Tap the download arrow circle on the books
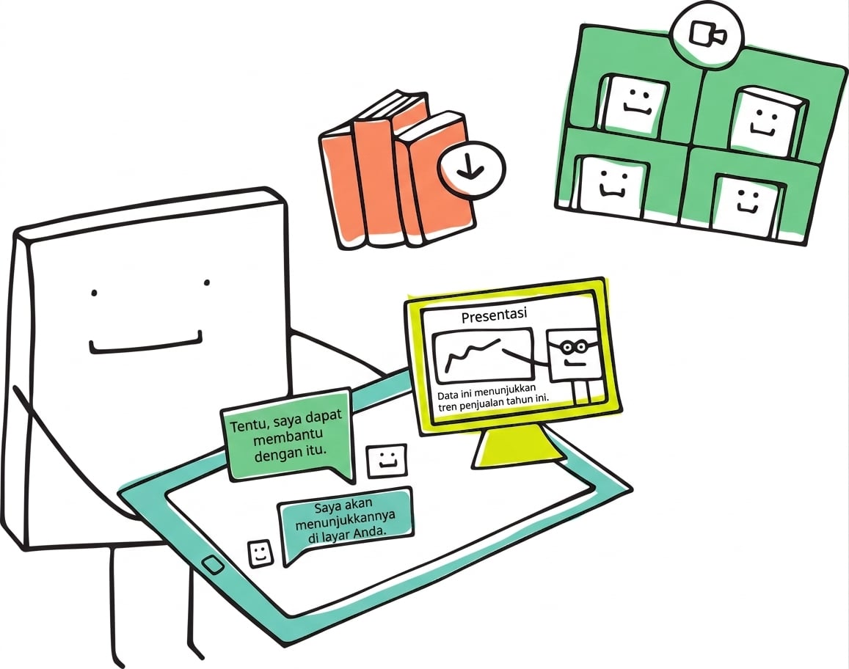coord(471,169)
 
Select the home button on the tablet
coord(213,565)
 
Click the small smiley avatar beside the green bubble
coord(387,461)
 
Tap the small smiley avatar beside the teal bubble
coord(260,552)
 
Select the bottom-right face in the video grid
coord(747,203)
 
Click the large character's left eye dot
coord(94,293)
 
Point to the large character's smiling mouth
coord(145,343)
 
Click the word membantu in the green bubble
coord(288,436)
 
